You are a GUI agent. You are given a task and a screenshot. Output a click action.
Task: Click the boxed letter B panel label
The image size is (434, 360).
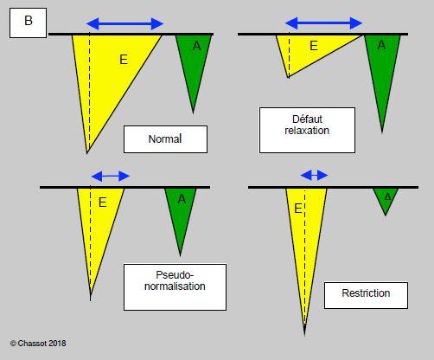(x=28, y=22)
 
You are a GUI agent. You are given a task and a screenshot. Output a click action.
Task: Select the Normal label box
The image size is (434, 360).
(x=165, y=139)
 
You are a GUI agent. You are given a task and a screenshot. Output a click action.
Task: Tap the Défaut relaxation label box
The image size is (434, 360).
(x=307, y=130)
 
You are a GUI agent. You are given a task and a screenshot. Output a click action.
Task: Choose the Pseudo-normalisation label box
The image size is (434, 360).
(x=175, y=287)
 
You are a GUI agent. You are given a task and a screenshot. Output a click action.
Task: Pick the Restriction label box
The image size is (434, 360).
(x=366, y=295)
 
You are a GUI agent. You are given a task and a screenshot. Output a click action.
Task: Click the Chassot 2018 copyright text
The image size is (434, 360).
(x=38, y=344)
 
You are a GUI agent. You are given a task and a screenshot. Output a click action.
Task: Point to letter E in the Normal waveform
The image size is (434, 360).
(x=124, y=60)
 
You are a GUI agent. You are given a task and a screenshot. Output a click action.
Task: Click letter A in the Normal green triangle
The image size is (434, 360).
(x=196, y=46)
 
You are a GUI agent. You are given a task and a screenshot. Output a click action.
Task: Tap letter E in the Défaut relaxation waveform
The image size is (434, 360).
(x=314, y=46)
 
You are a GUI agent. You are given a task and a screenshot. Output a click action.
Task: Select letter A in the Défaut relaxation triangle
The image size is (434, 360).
(x=381, y=45)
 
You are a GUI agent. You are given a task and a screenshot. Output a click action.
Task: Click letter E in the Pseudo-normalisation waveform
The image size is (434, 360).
(x=103, y=202)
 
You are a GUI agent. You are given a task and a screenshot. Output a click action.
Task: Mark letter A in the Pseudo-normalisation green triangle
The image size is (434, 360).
(x=182, y=199)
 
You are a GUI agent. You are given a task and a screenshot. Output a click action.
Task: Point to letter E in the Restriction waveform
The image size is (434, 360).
(x=298, y=209)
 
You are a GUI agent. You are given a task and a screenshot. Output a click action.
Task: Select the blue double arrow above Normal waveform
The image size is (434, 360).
(x=124, y=24)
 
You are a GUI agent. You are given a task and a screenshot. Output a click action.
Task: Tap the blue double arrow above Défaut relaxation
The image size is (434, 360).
(x=323, y=23)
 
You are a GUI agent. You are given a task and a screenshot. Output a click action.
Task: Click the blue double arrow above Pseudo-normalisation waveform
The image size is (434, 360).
(x=111, y=176)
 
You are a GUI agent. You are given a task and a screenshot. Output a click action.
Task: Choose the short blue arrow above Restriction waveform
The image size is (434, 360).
(x=314, y=175)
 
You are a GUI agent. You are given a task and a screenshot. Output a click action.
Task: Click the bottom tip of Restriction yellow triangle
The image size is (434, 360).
(x=304, y=336)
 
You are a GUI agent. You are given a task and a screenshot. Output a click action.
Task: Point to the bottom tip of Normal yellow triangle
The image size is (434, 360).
(x=87, y=153)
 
